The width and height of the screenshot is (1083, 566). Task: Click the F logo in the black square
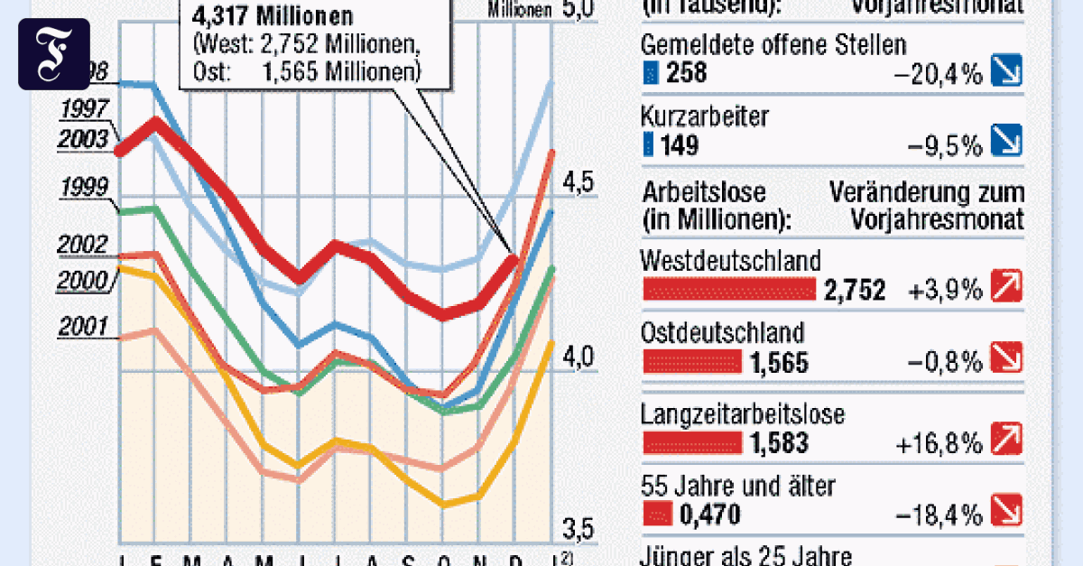[x=54, y=54]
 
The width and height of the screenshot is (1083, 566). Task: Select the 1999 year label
[x=83, y=188]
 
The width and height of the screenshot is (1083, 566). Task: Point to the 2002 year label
[x=83, y=246]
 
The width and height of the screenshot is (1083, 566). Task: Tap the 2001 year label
[x=83, y=327]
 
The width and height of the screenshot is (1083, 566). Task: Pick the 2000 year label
[x=83, y=281]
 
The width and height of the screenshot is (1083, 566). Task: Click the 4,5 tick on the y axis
[x=579, y=183]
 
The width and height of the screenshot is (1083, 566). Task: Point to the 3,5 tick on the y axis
[x=579, y=526]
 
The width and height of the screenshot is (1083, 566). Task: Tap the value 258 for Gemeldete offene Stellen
[x=688, y=73]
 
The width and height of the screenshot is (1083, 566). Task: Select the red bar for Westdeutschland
[x=727, y=289]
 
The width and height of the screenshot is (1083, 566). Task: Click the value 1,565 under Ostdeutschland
[x=778, y=363]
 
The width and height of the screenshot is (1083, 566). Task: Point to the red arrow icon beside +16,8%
[x=1005, y=441]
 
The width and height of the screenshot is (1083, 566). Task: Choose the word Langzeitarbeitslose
[x=742, y=414]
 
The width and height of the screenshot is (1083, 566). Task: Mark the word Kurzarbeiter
[x=704, y=116]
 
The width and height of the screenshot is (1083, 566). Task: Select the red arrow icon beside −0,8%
[x=1005, y=362]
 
